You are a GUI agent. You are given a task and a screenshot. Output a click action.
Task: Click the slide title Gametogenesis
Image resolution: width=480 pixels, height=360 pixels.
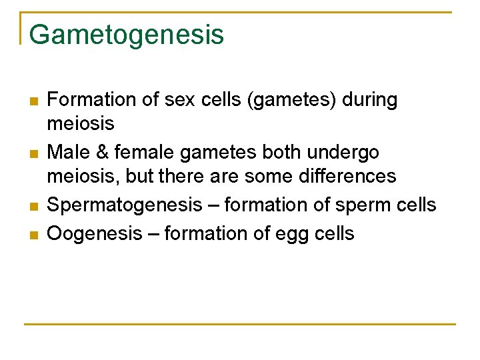click(x=127, y=35)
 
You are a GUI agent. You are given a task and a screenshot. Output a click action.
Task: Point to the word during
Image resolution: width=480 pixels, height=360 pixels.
click(x=370, y=100)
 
